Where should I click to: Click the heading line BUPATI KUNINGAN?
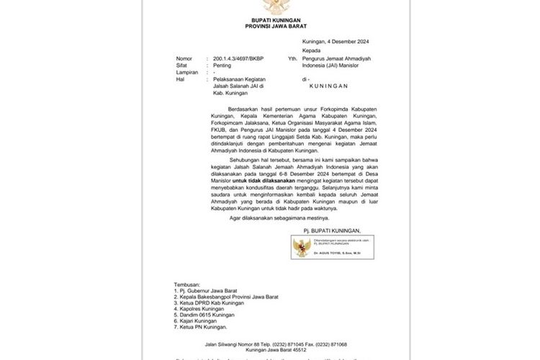coord(270,19)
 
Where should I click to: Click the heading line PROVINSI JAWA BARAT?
coord(270,26)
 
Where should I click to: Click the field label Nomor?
coord(184,58)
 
